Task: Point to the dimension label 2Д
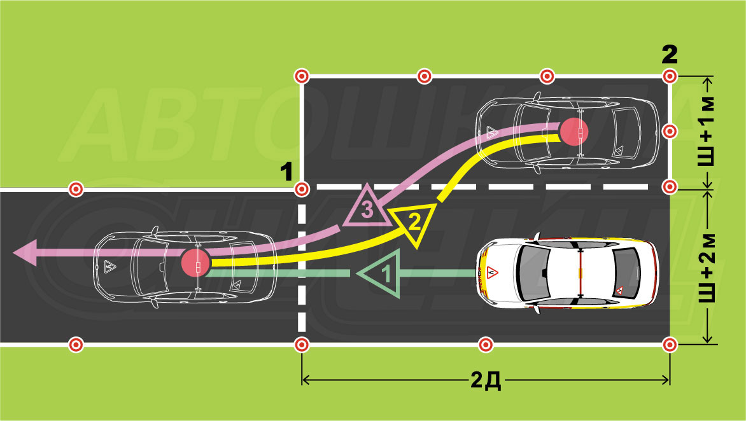coord(486,380)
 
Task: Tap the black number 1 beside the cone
coord(286,172)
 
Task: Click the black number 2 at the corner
coord(670,55)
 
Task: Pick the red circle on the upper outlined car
coord(574,131)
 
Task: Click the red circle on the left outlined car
coord(196,262)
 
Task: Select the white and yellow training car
coord(568,273)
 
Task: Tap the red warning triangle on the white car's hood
coord(492,273)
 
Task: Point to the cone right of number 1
coord(302,189)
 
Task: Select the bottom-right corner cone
coord(670,345)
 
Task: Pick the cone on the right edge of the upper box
coord(670,132)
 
